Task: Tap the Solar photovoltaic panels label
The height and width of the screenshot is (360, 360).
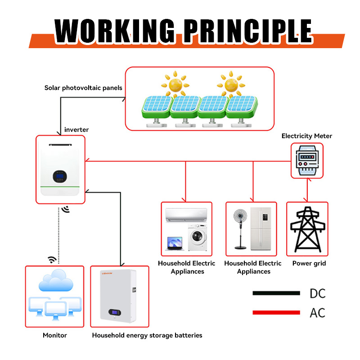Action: [83, 88]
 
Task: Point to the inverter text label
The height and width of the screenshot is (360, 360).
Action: [76, 130]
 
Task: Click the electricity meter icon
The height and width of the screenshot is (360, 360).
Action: [307, 160]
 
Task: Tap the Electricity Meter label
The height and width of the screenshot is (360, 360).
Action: [307, 136]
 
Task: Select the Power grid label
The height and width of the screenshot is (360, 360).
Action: [309, 263]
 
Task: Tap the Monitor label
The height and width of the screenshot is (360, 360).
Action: [55, 335]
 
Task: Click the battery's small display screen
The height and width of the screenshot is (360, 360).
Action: [115, 312]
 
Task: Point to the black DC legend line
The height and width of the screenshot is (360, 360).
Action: [276, 293]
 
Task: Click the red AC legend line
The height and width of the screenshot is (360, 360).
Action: [276, 312]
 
